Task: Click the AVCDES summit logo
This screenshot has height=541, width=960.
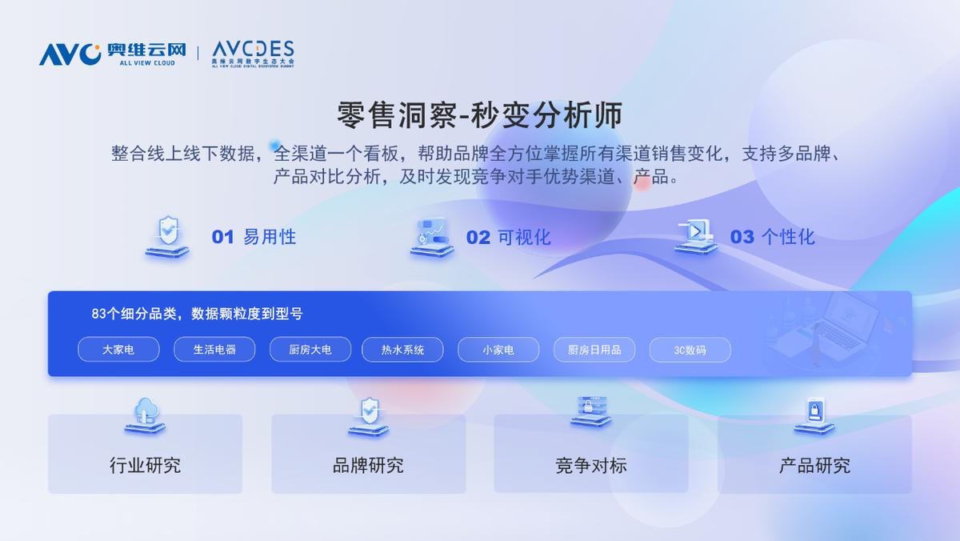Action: coord(253,53)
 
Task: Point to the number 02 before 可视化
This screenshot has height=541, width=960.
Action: coord(478,238)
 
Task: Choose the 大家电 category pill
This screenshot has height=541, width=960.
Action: coord(118,350)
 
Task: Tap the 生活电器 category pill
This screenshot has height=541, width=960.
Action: coord(214,350)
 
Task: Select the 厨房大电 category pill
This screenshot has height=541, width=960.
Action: coord(310,350)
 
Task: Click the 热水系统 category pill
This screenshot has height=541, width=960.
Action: coord(402,350)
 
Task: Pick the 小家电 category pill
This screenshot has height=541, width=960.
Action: coord(498,350)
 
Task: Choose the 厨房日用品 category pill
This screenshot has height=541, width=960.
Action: coord(594,350)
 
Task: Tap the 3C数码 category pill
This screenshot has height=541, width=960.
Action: coord(690,350)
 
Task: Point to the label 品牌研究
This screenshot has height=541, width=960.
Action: coord(368,465)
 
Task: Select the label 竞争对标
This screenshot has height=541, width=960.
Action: coord(591,465)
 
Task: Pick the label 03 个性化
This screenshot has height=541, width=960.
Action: coord(772,237)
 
